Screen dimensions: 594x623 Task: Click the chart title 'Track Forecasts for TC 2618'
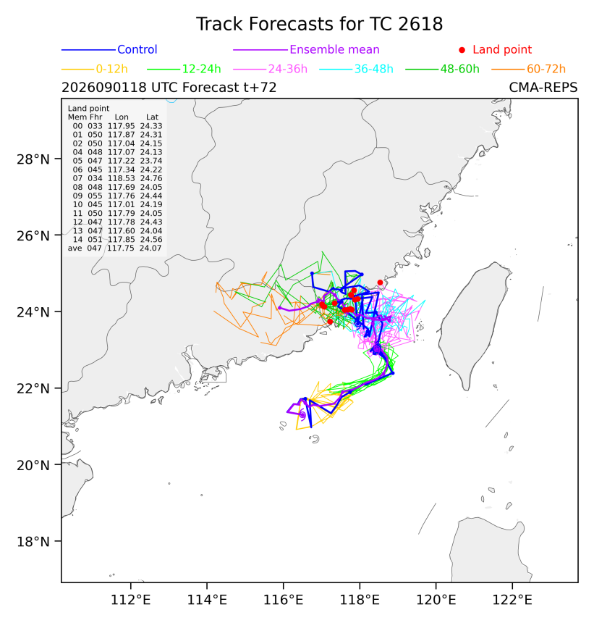point(319,24)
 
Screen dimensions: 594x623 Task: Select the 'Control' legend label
point(137,50)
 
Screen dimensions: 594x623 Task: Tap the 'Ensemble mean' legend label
point(334,50)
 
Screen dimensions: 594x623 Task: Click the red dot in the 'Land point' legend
point(462,50)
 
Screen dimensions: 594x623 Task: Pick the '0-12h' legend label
point(112,69)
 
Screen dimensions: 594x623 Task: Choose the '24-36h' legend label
point(288,69)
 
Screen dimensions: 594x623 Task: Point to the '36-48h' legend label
point(374,69)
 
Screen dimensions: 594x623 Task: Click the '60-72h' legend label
point(546,69)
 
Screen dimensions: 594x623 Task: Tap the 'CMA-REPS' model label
point(543,88)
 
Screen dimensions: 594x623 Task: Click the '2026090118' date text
point(104,88)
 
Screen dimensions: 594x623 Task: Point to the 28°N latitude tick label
point(33,159)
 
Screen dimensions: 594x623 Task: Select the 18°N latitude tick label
point(33,542)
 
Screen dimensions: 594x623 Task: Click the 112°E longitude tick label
point(130,600)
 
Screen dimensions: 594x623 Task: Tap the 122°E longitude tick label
point(512,600)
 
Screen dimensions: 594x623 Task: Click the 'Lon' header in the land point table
point(122,117)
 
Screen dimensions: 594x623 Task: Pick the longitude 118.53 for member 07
point(122,178)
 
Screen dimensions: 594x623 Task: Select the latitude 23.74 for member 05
point(151,161)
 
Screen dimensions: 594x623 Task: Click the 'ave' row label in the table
point(75,248)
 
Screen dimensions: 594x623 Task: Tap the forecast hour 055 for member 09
point(96,196)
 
